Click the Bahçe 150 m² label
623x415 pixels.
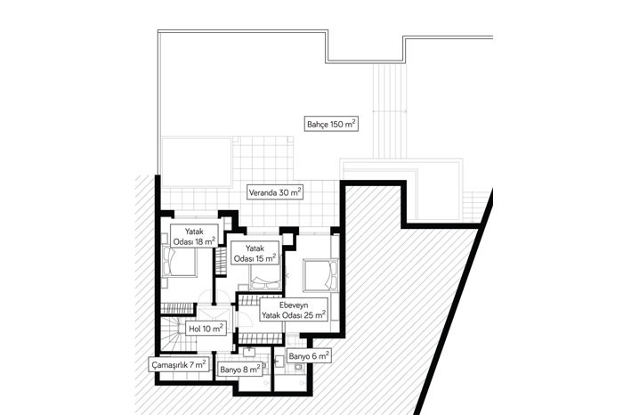(331, 124)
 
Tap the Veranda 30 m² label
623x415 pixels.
(275, 192)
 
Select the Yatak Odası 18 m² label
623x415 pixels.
(194, 236)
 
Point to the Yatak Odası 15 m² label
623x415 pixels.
(255, 253)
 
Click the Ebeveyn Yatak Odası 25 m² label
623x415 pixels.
(294, 311)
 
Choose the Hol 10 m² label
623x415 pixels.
(206, 329)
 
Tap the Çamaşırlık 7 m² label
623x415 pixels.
(179, 364)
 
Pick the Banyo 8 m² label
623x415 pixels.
(240, 370)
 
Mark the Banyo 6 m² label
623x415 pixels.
(309, 356)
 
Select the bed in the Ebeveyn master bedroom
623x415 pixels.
(320, 275)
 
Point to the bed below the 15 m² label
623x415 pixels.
(265, 278)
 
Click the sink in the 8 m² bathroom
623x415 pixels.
(249, 352)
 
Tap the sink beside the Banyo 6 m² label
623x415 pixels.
(279, 361)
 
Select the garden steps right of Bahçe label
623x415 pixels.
(390, 111)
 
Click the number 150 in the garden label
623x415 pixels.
(336, 125)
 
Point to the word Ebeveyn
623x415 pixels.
(294, 305)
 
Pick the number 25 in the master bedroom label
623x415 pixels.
(309, 315)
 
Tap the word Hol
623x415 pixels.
(195, 329)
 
